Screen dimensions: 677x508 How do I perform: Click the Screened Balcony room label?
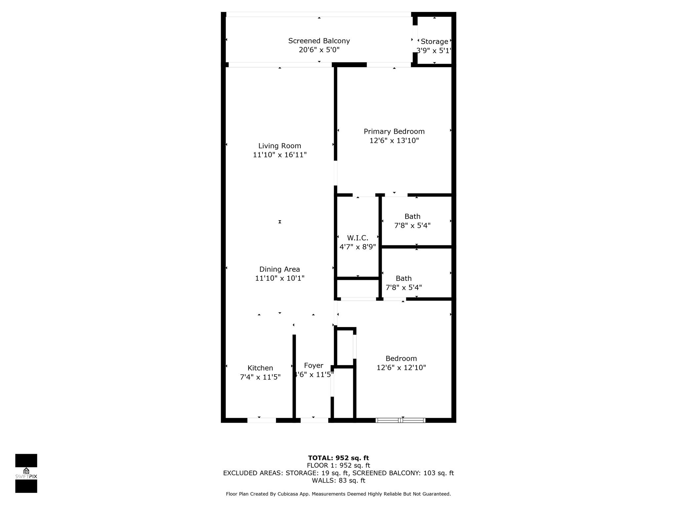[319, 41]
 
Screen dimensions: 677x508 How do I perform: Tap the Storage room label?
[434, 42]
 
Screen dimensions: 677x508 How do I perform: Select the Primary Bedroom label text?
[394, 131]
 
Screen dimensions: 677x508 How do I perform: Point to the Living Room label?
[280, 146]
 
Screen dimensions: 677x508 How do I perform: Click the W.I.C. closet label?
[358, 238]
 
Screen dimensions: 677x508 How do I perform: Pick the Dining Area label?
[280, 269]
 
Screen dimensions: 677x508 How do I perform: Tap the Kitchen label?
[260, 368]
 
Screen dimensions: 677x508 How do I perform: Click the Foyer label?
[314, 365]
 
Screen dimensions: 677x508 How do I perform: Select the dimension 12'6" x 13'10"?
[394, 141]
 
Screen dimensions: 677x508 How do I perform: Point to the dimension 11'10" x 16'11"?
[280, 155]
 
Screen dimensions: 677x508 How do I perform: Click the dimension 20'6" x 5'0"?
[319, 50]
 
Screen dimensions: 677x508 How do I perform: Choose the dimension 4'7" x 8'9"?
[358, 247]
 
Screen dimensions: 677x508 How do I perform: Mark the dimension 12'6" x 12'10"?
[401, 367]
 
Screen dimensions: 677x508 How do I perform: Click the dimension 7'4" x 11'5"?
[260, 377]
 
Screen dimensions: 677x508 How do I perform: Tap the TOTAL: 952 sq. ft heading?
[338, 458]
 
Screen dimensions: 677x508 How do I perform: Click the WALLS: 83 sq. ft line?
[338, 481]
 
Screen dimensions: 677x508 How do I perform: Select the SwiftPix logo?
[26, 473]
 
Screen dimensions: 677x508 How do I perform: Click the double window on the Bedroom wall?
[400, 420]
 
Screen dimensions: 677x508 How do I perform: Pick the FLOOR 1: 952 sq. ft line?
[338, 466]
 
